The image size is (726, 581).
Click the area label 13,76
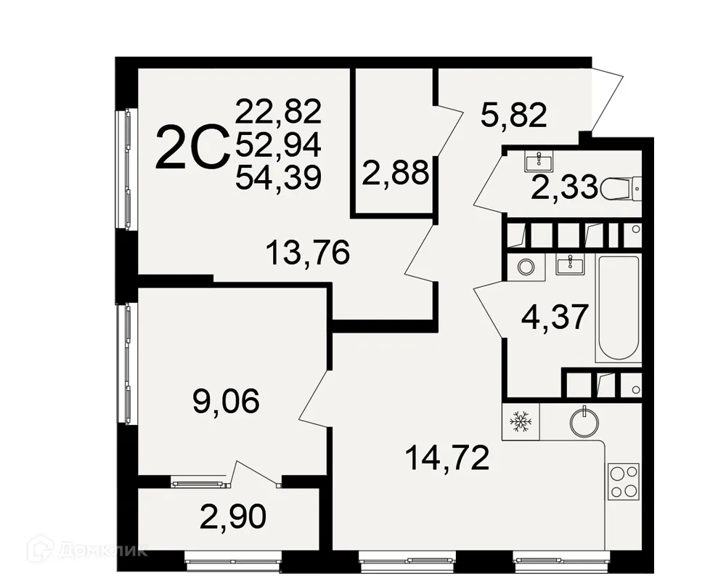[308, 253]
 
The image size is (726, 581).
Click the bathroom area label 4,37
[554, 317]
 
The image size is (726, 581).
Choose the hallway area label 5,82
[513, 114]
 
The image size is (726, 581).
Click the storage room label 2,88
[396, 174]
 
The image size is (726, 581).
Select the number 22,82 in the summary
[278, 113]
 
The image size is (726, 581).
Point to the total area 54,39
[278, 177]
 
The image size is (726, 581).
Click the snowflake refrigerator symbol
[520, 420]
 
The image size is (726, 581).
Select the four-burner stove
[624, 480]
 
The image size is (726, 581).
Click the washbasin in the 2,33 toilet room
[539, 162]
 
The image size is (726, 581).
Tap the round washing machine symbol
[526, 267]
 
